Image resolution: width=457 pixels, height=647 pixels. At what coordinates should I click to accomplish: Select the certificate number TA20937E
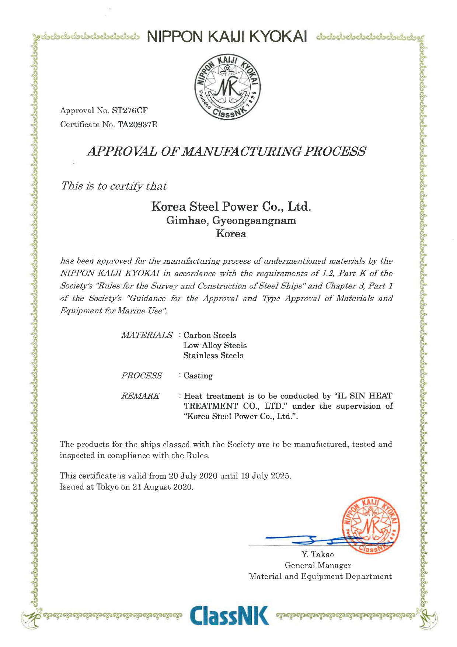pyautogui.click(x=137, y=125)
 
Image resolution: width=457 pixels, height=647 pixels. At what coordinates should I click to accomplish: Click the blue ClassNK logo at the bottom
pyautogui.click(x=230, y=615)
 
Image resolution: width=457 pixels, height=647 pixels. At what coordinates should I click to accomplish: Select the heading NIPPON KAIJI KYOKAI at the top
pyautogui.click(x=227, y=37)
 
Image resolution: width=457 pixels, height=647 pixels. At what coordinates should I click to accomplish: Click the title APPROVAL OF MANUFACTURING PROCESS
pyautogui.click(x=226, y=151)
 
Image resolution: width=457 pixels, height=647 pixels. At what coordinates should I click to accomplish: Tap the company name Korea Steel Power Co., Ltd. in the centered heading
pyautogui.click(x=231, y=206)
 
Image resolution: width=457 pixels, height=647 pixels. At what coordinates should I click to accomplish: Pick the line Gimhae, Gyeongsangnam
pyautogui.click(x=231, y=221)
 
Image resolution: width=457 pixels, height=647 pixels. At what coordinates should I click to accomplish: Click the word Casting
pyautogui.click(x=198, y=376)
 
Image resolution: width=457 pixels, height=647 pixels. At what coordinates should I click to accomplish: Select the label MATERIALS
pyautogui.click(x=147, y=335)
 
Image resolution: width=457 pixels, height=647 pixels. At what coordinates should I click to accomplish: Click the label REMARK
pyautogui.click(x=140, y=396)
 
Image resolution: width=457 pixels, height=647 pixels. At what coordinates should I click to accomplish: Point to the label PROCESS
pyautogui.click(x=142, y=376)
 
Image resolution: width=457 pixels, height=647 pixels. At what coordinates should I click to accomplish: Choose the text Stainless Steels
pyautogui.click(x=213, y=356)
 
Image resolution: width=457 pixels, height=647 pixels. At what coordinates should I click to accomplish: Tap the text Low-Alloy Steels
pyautogui.click(x=215, y=346)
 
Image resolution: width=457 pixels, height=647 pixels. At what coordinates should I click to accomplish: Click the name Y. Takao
pyautogui.click(x=317, y=554)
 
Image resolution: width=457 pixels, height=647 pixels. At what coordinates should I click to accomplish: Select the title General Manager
pyautogui.click(x=318, y=565)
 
